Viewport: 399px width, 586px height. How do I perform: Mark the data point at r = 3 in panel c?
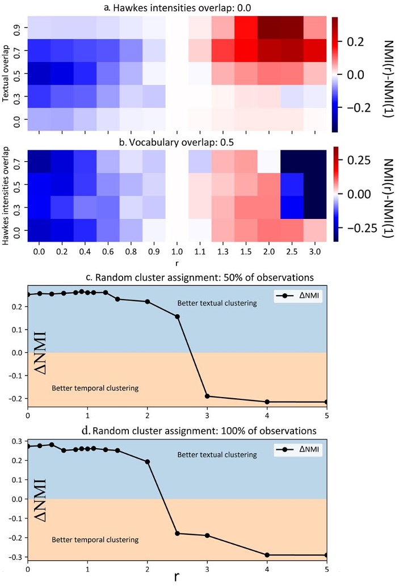(207, 396)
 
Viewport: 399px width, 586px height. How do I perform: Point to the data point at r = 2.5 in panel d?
(177, 533)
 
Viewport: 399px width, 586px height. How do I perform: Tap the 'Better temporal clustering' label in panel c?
(95, 389)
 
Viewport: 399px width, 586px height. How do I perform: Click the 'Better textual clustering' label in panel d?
(217, 454)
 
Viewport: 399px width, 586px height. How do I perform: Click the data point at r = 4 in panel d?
(267, 555)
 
